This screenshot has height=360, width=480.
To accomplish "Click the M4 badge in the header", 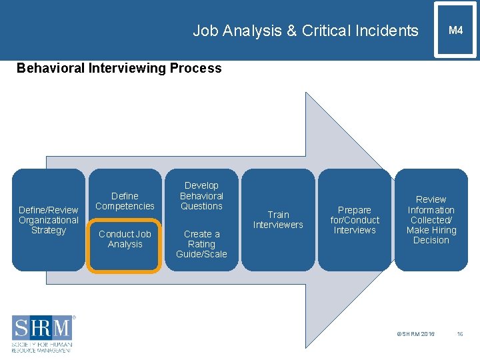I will [455, 30].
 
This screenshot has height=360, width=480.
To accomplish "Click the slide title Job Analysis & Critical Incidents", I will [305, 31].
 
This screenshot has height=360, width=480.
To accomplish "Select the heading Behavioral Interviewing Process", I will [119, 68].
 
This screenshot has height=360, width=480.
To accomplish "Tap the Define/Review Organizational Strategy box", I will [49, 220].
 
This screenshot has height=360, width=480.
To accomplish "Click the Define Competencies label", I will [125, 201].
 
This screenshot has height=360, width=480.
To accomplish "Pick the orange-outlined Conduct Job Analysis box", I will [125, 245].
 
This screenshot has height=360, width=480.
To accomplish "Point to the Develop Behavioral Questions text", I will [201, 196].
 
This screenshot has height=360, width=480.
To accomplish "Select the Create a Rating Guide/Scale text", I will [201, 244].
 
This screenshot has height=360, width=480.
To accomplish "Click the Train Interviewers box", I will [278, 220].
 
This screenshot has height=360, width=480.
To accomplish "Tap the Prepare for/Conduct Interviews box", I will [355, 220].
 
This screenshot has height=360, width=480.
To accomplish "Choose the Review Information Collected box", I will [431, 220].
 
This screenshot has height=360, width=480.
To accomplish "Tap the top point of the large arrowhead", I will [307, 94].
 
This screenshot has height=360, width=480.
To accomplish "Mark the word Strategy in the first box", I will [49, 231].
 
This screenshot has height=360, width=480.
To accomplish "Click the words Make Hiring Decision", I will [431, 235].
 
